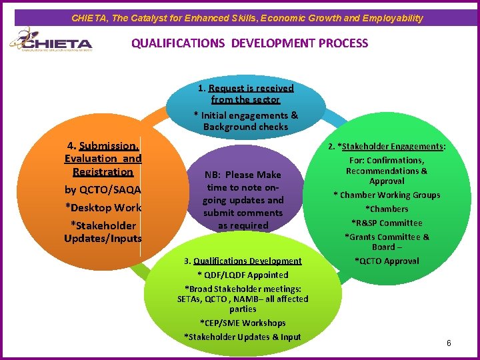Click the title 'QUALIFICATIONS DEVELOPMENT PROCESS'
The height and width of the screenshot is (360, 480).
pyautogui.click(x=249, y=43)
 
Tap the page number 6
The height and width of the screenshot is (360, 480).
pyautogui.click(x=449, y=343)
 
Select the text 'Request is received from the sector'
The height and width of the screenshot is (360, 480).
pyautogui.click(x=245, y=94)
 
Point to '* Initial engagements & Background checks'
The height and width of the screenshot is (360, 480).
pyautogui.click(x=245, y=121)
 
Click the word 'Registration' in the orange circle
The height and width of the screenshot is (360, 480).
pyautogui.click(x=103, y=172)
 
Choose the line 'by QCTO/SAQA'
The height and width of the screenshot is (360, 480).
pyautogui.click(x=103, y=190)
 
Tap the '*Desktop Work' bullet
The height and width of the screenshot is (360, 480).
pyautogui.click(x=103, y=207)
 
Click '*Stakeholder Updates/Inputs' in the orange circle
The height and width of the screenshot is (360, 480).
pyautogui.click(x=103, y=232)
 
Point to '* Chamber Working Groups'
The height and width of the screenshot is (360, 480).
pyautogui.click(x=387, y=195)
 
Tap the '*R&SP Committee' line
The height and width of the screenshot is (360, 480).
pyautogui.click(x=387, y=223)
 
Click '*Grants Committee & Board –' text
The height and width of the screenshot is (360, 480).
pyautogui.click(x=387, y=241)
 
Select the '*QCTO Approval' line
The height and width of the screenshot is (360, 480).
pyautogui.click(x=387, y=261)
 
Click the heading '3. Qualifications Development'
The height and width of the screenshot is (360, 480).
pyautogui.click(x=243, y=261)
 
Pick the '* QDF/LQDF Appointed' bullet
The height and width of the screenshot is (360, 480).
pyautogui.click(x=243, y=275)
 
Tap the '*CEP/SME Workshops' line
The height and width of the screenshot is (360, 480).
pyautogui.click(x=243, y=323)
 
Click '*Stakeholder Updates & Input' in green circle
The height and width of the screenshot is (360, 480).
pyautogui.click(x=243, y=337)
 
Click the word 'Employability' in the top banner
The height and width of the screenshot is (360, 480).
pyautogui.click(x=394, y=18)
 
